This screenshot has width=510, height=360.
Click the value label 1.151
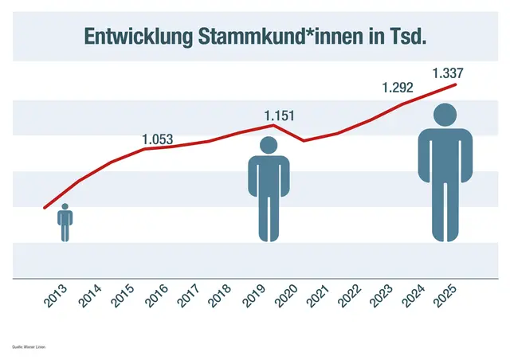(x=280, y=116)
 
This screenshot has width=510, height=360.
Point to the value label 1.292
(x=397, y=88)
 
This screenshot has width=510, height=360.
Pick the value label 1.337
(x=447, y=74)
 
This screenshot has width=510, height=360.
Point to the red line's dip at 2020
(x=304, y=141)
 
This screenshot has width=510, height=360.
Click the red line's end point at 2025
(x=456, y=84)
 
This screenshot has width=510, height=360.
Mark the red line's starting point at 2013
(x=45, y=208)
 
